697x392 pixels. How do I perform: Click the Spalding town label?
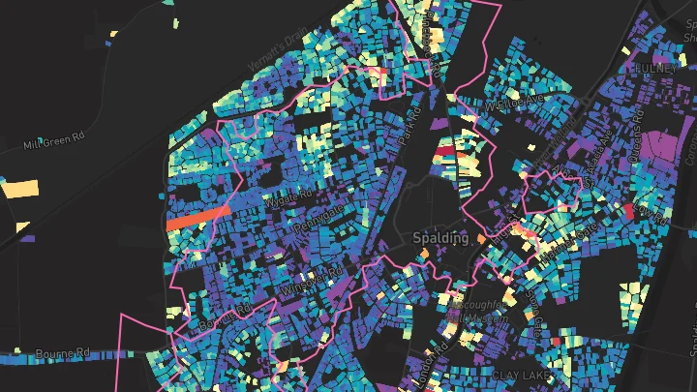coord(439,237)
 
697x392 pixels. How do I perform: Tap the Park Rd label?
coord(412,127)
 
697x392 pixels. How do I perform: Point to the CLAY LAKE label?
coord(522,374)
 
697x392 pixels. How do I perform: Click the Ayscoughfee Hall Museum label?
coord(477,312)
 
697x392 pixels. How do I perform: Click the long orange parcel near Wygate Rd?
coord(197,217)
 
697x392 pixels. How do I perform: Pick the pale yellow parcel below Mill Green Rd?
coord(23,189)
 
